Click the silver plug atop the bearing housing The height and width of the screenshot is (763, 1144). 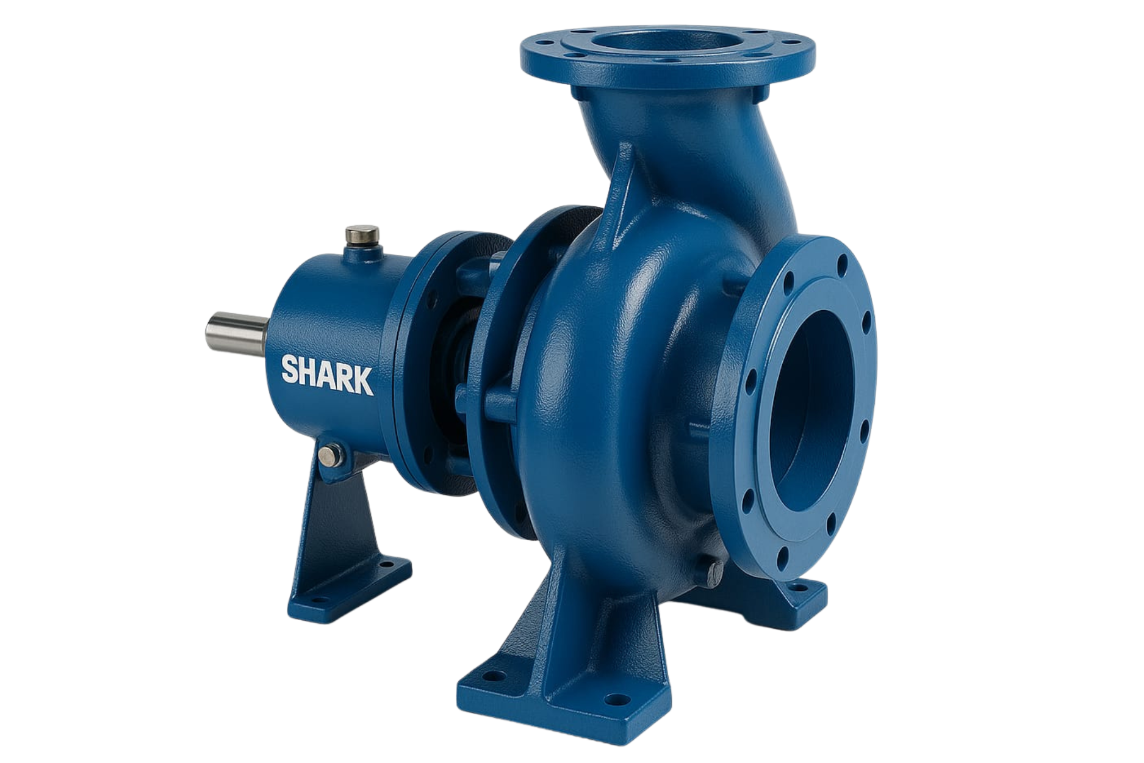(362, 237)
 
